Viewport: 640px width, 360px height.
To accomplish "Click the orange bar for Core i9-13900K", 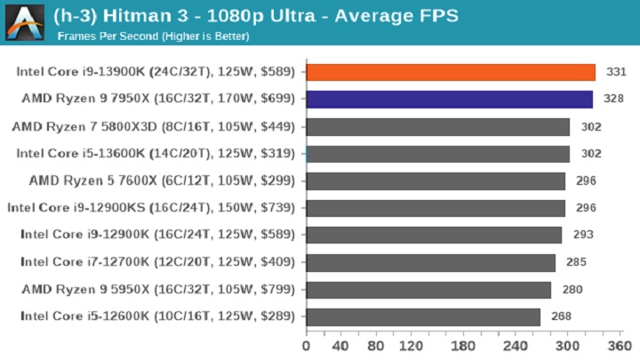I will pos(451,72).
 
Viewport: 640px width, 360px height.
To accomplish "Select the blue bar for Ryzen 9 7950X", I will pos(449,100).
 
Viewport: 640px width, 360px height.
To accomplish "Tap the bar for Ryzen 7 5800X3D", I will pos(437,127).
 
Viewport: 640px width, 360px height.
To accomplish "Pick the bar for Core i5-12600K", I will pos(423,317).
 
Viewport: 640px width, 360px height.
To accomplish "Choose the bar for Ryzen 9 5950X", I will pos(428,290).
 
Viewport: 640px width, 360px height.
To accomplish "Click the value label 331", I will pos(612,72).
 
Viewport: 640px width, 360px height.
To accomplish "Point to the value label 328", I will pos(610,100).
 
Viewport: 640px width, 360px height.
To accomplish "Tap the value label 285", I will pos(572,263).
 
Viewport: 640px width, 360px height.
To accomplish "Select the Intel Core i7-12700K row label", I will pos(157,263).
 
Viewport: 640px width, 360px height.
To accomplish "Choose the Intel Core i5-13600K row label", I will pos(156,154).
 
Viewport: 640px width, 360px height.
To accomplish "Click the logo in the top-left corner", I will pos(24,21).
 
